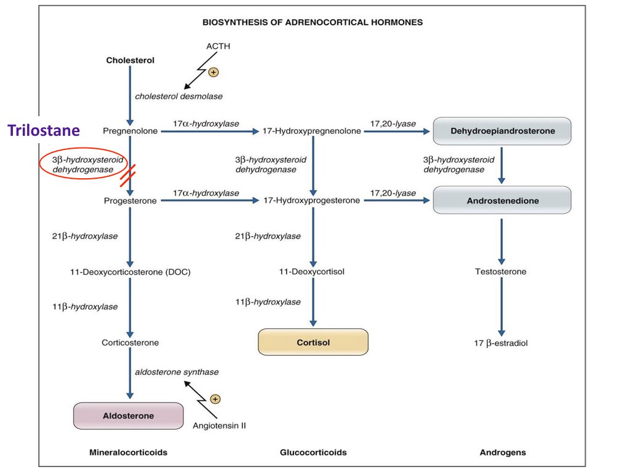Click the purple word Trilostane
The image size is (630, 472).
point(44,130)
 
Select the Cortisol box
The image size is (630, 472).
point(313,342)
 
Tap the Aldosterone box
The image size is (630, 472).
point(128,416)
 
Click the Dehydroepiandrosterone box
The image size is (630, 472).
point(502,131)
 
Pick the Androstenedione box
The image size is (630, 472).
point(502,201)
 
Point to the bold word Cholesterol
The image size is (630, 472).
point(130,60)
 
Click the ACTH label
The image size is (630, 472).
point(218,46)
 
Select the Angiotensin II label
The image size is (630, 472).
point(219,425)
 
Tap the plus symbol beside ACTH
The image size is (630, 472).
point(213,73)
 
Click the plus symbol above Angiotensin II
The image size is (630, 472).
point(215,399)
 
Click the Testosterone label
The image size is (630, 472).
point(501,271)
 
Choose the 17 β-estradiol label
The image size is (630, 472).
point(501,343)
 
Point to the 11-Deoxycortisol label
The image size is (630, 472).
point(312,271)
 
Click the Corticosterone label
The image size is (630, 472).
point(130,343)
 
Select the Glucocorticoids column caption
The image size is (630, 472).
point(313,452)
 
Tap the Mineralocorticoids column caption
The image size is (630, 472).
point(128,452)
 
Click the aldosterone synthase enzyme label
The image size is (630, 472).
point(177,372)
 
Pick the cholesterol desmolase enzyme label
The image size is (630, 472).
point(178,96)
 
